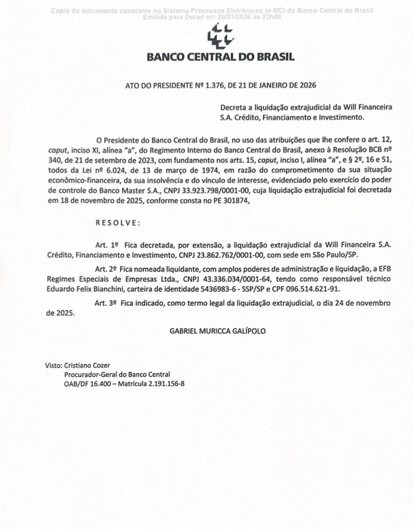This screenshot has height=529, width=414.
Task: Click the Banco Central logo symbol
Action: pos(220,37)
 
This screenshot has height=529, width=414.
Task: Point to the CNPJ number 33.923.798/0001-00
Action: pos(205,191)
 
